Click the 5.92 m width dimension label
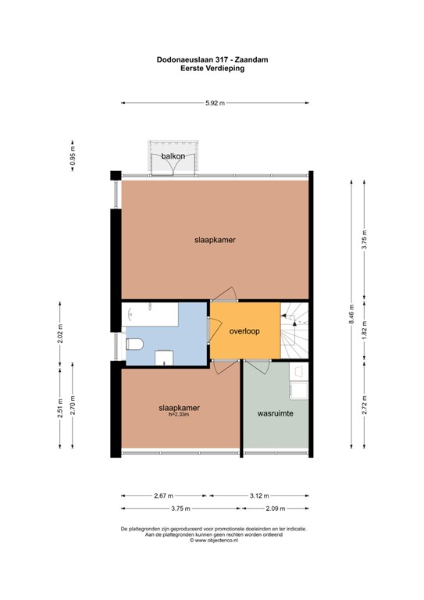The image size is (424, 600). coord(215,103)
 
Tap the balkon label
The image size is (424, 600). coord(173,156)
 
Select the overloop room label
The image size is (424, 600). coord(244,331)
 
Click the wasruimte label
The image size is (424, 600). coord(276,413)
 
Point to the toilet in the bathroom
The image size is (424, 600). coord(134,344)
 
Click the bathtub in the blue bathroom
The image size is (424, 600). coord(150,315)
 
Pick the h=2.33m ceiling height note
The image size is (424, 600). coord(179,414)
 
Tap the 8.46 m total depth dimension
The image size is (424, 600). coord(351,314)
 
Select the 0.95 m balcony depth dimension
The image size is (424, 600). coord(73,155)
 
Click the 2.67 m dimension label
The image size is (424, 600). coord(164,496)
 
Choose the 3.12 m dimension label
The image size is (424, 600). coord(259,496)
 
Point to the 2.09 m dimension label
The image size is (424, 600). coord(276,509)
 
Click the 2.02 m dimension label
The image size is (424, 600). coord(60,334)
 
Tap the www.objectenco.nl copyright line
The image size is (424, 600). coord(214,541)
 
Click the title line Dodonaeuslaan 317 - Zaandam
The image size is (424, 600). coord(212,59)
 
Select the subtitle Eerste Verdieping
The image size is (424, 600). coord(212,69)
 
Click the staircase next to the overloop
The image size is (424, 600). coord(294,330)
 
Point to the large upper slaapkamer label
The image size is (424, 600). coord(215,240)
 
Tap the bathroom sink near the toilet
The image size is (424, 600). coord(164,358)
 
